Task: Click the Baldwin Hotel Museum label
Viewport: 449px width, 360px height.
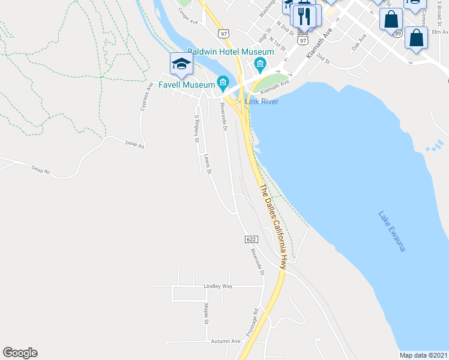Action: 231,52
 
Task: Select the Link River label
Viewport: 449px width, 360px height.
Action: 268,101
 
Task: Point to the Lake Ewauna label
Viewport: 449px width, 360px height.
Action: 392,230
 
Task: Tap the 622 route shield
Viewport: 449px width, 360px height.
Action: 251,239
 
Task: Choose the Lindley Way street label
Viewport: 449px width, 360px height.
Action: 218,286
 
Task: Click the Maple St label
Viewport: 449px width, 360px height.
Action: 205,313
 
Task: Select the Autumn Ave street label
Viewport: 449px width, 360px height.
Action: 226,341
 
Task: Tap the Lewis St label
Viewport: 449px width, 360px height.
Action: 208,164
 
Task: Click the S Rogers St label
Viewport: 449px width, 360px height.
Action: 196,128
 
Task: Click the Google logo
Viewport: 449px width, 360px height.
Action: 20,353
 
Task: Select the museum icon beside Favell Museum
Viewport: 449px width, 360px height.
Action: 223,82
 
